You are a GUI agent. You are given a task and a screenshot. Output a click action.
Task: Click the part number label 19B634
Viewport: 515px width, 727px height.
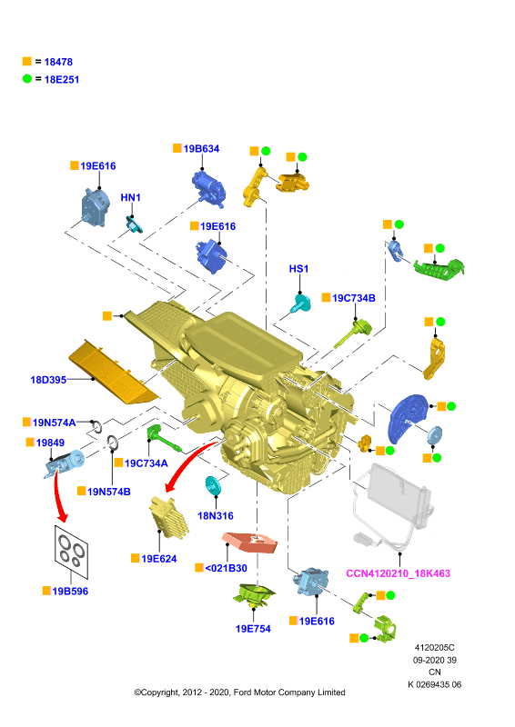point(201,149)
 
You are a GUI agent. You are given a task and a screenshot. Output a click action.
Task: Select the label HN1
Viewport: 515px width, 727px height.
point(130,197)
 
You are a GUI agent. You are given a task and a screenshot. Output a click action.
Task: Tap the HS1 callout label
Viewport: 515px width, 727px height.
point(298,269)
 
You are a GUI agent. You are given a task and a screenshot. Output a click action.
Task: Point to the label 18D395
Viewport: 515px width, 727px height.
point(48,380)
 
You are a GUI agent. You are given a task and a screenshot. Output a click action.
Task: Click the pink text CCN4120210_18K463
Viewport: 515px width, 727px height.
point(398,573)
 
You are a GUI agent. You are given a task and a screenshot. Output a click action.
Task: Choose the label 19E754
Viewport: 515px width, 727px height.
point(253,629)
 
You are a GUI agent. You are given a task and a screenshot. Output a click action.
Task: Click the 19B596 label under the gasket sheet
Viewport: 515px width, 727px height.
point(70,592)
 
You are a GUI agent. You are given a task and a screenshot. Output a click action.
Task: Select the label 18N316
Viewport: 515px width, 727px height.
point(216,515)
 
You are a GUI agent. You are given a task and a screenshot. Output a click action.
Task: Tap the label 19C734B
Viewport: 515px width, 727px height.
point(354,298)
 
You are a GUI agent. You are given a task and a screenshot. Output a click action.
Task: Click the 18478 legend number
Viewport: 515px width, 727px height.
point(58,62)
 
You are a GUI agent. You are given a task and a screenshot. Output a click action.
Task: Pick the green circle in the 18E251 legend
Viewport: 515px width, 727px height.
point(27,79)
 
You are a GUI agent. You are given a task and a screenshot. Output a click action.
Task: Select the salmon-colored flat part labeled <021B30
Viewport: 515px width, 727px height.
point(250,542)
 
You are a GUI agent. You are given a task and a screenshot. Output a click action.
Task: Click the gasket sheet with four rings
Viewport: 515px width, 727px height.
point(71,553)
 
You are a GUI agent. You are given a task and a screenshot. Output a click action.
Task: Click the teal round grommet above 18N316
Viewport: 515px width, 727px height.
point(213,485)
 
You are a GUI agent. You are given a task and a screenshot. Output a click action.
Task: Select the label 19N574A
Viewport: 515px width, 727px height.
point(54,423)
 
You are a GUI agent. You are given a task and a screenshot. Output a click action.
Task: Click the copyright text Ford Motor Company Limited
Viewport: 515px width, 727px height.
point(289,692)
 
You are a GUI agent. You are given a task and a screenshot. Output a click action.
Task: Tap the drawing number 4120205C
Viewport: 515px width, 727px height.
point(435,648)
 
